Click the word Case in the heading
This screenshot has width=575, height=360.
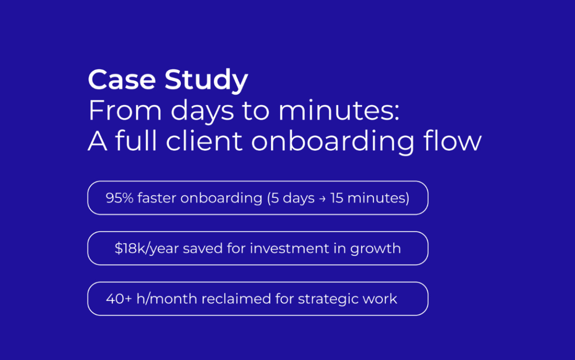[x=122, y=79]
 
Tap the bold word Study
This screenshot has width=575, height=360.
[x=206, y=80]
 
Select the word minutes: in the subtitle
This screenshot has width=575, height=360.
[x=339, y=110]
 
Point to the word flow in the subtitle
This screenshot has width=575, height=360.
[x=452, y=140]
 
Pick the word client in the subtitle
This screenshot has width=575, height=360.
[x=204, y=140]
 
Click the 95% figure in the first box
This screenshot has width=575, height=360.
[x=120, y=198]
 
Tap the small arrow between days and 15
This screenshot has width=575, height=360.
[x=322, y=199]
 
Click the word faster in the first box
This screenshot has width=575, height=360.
[x=156, y=198]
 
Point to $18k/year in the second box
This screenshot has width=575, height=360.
[x=147, y=249]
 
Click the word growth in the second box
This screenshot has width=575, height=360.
[x=376, y=249]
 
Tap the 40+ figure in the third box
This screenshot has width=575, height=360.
[x=119, y=299]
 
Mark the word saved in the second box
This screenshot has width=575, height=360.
[x=203, y=248]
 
